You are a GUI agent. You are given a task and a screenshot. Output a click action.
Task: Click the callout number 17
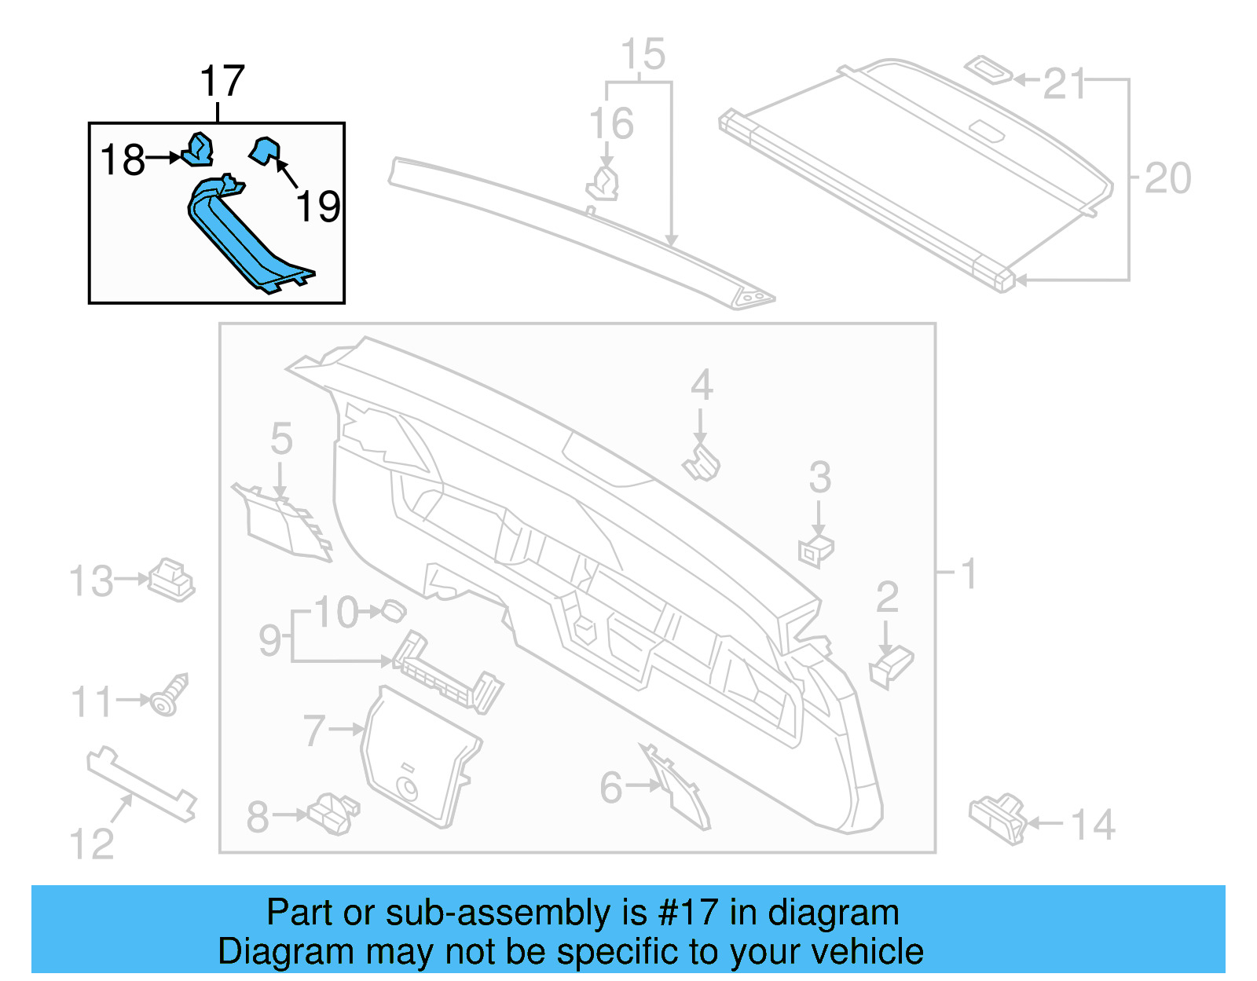[x=222, y=82]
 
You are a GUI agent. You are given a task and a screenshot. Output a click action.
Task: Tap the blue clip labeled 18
[x=198, y=150]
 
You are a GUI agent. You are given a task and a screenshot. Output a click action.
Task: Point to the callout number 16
[x=611, y=124]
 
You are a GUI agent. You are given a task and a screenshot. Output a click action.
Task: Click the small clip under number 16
[x=603, y=185]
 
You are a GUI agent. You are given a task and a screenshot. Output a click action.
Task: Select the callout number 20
[x=1167, y=178]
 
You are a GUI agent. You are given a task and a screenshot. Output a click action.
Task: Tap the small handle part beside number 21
[x=988, y=69]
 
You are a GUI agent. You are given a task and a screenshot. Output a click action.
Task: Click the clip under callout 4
[x=702, y=463]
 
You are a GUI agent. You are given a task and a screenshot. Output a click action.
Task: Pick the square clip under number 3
[x=815, y=550]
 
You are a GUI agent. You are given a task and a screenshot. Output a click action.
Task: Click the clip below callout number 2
[x=890, y=666]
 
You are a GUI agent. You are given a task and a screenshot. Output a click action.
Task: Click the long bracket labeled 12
[x=141, y=785]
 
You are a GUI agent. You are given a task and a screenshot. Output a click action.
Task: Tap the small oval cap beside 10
[x=394, y=609]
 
